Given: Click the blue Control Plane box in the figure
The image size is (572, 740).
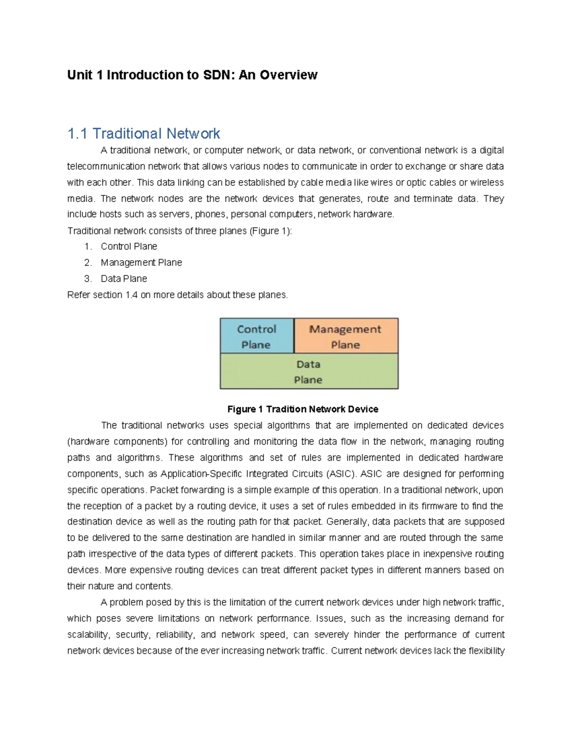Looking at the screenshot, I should [x=256, y=336].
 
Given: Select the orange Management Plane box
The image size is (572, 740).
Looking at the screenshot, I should [x=346, y=336].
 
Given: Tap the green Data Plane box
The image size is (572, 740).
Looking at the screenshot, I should [x=308, y=372].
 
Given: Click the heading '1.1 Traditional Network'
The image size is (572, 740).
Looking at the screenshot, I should [x=143, y=133].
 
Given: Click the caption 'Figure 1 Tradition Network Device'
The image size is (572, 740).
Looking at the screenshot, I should [x=303, y=409].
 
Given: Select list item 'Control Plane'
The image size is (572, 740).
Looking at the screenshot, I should [x=129, y=246].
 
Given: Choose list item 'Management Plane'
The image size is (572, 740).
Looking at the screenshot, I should [x=141, y=263].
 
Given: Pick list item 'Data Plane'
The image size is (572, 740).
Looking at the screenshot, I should [x=124, y=279].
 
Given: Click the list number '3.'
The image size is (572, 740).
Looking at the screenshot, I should [x=88, y=279].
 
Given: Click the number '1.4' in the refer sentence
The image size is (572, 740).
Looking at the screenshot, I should [x=132, y=295].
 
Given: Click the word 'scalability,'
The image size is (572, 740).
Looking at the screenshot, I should [x=89, y=635].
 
